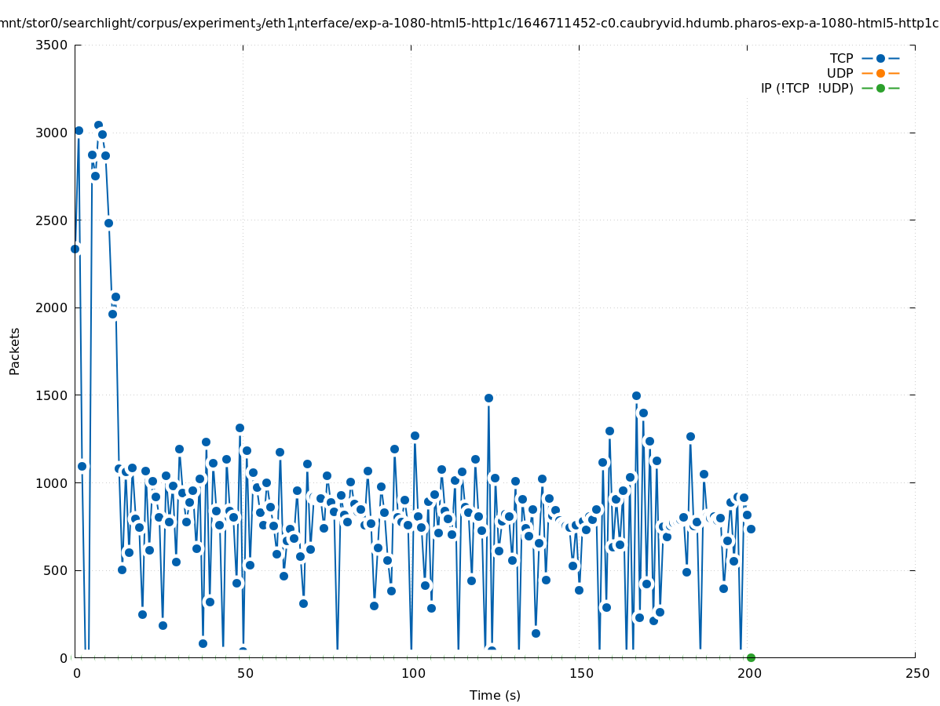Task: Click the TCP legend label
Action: (841, 58)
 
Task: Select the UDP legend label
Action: (839, 73)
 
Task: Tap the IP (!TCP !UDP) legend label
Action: (806, 88)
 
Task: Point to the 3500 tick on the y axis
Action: (51, 45)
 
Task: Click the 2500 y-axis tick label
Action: (51, 220)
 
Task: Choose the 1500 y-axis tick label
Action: (51, 395)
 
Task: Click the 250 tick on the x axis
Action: (916, 673)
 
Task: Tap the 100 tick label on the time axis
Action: (411, 673)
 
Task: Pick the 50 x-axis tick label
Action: (243, 673)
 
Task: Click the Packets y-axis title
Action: (15, 351)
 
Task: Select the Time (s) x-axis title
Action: (495, 695)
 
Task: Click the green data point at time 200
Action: (751, 657)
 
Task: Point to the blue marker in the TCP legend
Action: (880, 58)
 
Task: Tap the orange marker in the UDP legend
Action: (880, 73)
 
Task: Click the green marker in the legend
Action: (880, 88)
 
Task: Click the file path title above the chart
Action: (470, 23)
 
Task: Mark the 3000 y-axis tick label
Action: (51, 133)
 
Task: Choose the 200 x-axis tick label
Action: (748, 673)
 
